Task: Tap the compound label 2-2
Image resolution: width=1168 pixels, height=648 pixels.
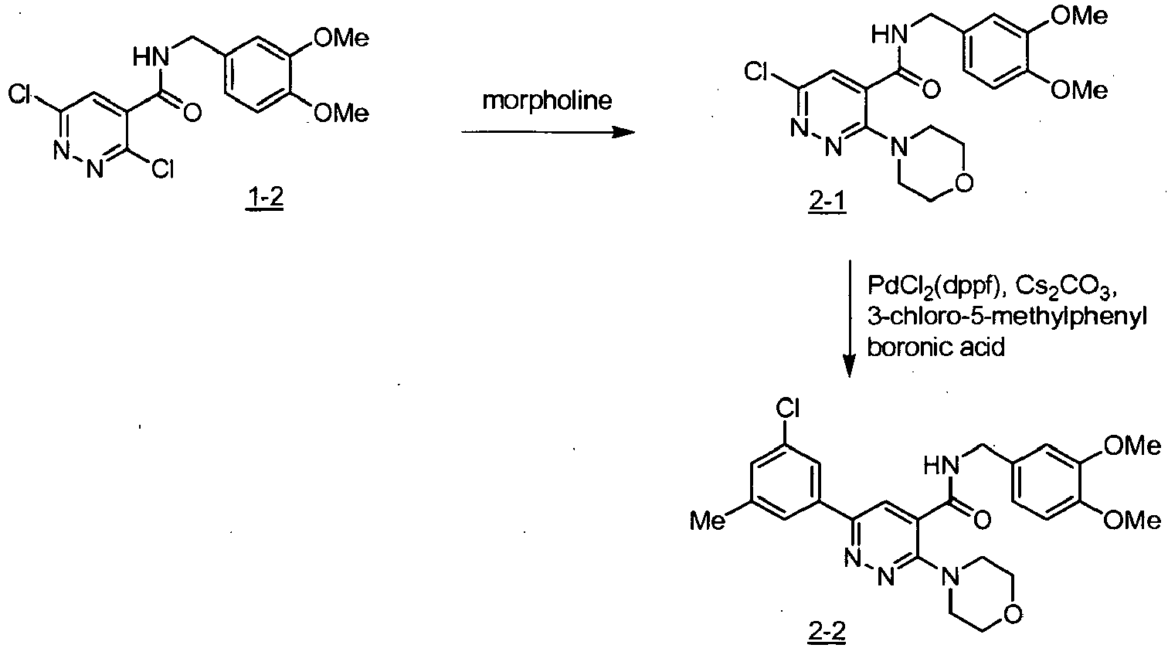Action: [827, 632]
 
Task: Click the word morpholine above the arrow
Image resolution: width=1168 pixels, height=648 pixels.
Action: [547, 100]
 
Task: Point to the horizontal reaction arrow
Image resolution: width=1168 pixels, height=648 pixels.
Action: [548, 132]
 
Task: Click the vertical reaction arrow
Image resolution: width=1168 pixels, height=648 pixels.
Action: [850, 318]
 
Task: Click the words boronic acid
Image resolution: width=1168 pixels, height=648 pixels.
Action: [936, 347]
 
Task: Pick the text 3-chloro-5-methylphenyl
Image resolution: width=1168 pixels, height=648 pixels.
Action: [1007, 317]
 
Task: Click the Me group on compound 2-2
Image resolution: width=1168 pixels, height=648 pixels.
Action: [707, 521]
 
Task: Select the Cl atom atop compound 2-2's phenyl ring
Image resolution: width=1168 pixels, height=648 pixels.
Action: [787, 409]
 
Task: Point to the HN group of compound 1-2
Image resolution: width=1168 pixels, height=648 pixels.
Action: [151, 56]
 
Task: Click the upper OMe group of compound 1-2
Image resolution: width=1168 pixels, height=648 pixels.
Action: [341, 39]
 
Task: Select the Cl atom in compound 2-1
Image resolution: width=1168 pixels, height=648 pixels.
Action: [756, 72]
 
